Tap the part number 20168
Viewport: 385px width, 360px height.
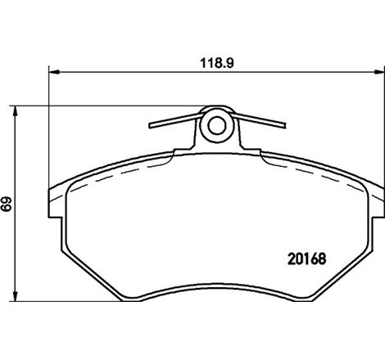pyautogui.click(x=308, y=259)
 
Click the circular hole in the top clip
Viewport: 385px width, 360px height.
pyautogui.click(x=215, y=126)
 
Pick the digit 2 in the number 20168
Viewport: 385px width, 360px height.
pyautogui.click(x=292, y=259)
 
